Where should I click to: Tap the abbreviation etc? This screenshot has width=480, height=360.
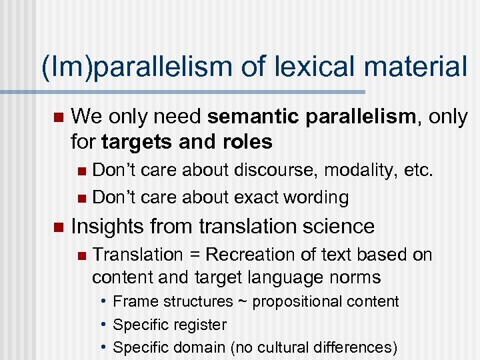pos(419,171)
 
